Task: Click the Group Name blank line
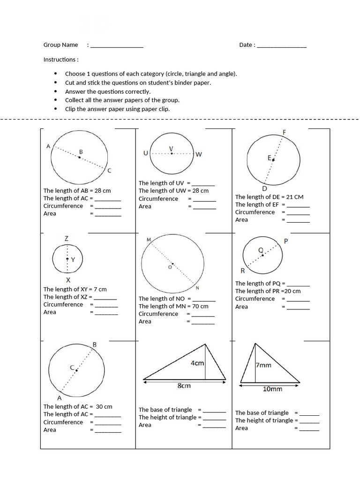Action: pyautogui.click(x=116, y=46)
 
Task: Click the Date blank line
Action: pyautogui.click(x=282, y=46)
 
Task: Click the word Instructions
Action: pyautogui.click(x=60, y=60)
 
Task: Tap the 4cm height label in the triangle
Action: pyautogui.click(x=197, y=363)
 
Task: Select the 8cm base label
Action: pyautogui.click(x=184, y=386)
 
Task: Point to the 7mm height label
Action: pyautogui.click(x=263, y=365)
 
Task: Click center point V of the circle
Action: pyautogui.click(x=172, y=153)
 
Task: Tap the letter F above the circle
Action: pyautogui.click(x=284, y=132)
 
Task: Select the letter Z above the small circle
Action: pyautogui.click(x=67, y=239)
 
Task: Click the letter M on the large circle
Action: pyautogui.click(x=149, y=240)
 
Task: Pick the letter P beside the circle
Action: pyautogui.click(x=286, y=241)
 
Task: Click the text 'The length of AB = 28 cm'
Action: pyautogui.click(x=77, y=191)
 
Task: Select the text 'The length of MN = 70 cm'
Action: pyautogui.click(x=173, y=306)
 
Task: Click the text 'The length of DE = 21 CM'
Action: pyautogui.click(x=269, y=197)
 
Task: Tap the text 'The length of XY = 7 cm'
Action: pyautogui.click(x=75, y=289)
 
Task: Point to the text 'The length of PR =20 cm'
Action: pyautogui.click(x=268, y=291)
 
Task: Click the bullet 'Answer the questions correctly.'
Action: pyautogui.click(x=108, y=91)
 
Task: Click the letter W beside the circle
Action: pyautogui.click(x=199, y=154)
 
